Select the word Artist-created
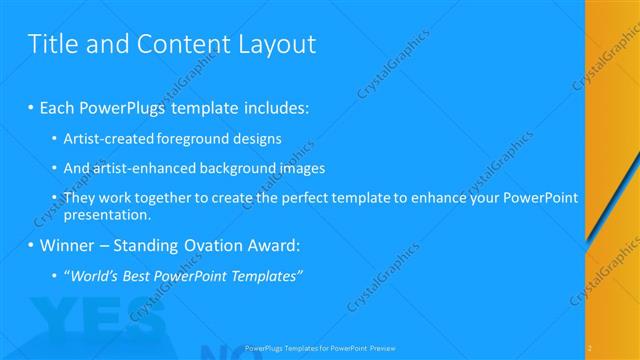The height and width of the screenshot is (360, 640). (x=108, y=139)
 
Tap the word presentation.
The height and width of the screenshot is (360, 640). (x=107, y=214)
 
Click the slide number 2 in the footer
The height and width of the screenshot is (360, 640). (x=590, y=347)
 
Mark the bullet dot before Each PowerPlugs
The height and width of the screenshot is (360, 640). (x=31, y=107)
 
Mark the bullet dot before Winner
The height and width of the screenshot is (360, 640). (x=31, y=245)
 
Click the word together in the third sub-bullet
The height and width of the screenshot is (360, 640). (x=158, y=198)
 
